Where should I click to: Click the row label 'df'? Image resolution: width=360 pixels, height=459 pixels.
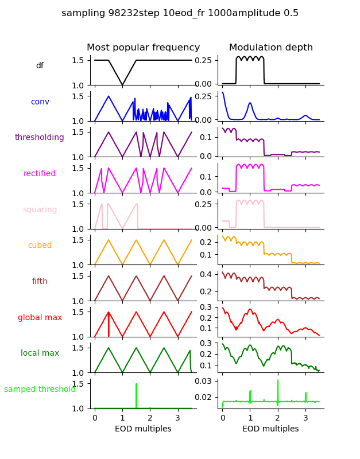coord(40,66)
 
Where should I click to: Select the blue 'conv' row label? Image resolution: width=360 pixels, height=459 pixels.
coord(40,102)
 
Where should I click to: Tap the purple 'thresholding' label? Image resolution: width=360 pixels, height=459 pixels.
coord(40,138)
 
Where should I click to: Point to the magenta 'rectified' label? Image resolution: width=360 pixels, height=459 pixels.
coord(40,174)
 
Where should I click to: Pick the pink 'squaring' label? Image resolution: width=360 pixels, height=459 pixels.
coord(40,209)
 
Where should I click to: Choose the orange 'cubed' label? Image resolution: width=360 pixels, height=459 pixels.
coord(40,246)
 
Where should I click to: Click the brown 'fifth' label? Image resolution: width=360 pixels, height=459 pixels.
coord(40,282)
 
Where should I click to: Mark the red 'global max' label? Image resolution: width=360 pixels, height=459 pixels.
coord(40,317)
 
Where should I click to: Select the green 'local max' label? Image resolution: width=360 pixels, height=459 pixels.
coord(40,353)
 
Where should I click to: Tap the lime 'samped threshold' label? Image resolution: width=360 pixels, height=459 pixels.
coord(40,390)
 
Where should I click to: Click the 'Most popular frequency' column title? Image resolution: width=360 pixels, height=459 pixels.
coord(143,48)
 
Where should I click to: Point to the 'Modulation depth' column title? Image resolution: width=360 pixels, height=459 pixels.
coord(270,48)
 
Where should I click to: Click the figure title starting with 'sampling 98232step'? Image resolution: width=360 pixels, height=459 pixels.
coord(180,13)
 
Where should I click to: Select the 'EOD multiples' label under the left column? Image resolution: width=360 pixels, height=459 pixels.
coord(143,429)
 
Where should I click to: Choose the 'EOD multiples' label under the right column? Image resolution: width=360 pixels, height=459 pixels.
coord(270,429)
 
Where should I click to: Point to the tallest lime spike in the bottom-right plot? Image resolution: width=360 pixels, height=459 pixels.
coord(278,384)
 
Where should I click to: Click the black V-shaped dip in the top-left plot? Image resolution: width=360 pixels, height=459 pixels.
coord(122,84)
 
